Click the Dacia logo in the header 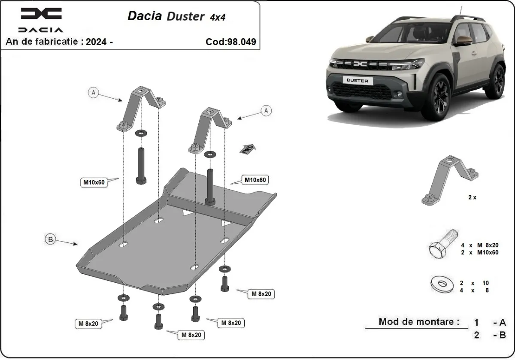41,19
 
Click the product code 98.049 231,42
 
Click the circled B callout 51,239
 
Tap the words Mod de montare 418,321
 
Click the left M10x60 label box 94,182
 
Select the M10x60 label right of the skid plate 255,180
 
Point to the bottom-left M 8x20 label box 88,324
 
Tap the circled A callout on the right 267,111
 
